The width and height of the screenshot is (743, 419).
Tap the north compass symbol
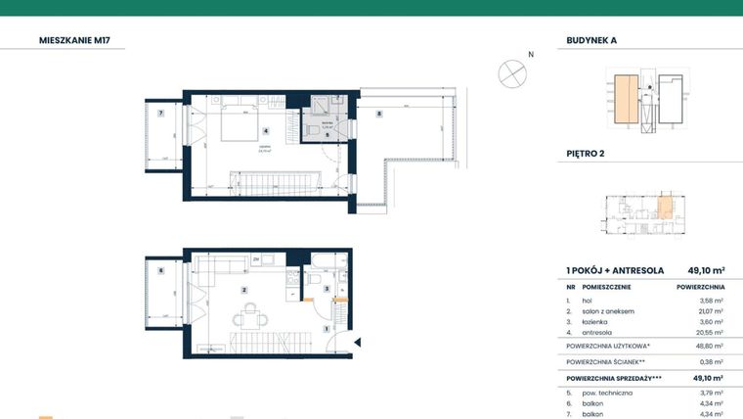point(512,73)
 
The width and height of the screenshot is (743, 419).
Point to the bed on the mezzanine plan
point(238,125)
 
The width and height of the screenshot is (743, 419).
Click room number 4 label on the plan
point(265,131)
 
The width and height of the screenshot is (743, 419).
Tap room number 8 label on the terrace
point(379,115)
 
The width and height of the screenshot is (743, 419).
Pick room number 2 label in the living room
point(244,290)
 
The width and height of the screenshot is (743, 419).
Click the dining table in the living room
point(252,315)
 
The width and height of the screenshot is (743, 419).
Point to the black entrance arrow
point(359,342)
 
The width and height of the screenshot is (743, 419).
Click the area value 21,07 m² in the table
point(709,311)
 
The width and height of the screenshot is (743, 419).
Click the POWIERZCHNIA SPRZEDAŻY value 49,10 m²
point(707,377)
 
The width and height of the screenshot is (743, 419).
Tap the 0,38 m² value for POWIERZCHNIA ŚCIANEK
point(709,361)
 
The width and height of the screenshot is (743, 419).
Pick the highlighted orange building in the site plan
point(624,101)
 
